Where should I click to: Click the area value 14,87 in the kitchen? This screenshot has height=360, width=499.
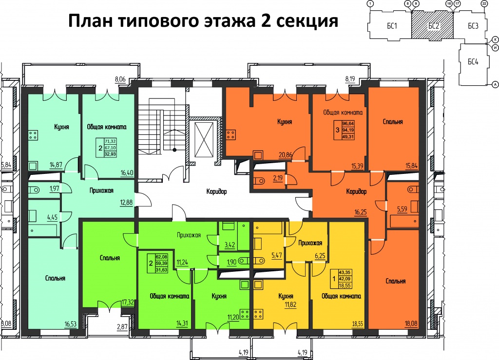tap(56, 165)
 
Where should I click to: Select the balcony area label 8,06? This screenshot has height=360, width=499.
tap(120, 79)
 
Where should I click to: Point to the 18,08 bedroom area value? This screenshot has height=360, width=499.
tap(411, 324)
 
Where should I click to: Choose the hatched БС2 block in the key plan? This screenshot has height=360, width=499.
tap(432, 25)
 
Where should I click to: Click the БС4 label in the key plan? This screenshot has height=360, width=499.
tap(473, 61)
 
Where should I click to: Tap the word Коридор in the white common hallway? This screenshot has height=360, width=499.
tap(216, 191)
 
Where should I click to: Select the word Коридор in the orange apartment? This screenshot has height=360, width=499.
tap(356, 191)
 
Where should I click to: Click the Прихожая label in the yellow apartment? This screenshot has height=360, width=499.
tap(310, 243)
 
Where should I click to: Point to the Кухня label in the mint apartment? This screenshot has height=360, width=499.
tap(61, 127)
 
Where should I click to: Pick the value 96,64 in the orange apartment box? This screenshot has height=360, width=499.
tap(348, 123)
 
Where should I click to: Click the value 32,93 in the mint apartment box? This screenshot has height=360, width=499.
tap(111, 154)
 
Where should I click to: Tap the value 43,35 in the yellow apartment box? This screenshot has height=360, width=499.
tap(345, 272)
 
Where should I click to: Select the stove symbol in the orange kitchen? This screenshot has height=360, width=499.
tap(231, 134)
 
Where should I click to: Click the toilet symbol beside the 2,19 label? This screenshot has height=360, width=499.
tap(260, 181)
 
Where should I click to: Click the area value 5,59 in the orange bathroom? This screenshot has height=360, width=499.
tap(402, 209)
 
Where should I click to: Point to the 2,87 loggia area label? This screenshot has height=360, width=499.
tap(122, 327)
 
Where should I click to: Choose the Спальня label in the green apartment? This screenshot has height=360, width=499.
tap(110, 258)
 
